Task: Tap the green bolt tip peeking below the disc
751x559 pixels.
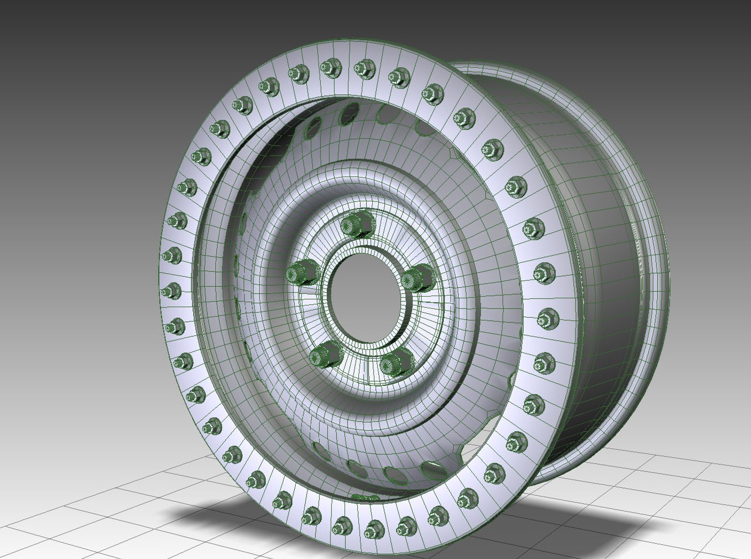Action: (365, 497)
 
